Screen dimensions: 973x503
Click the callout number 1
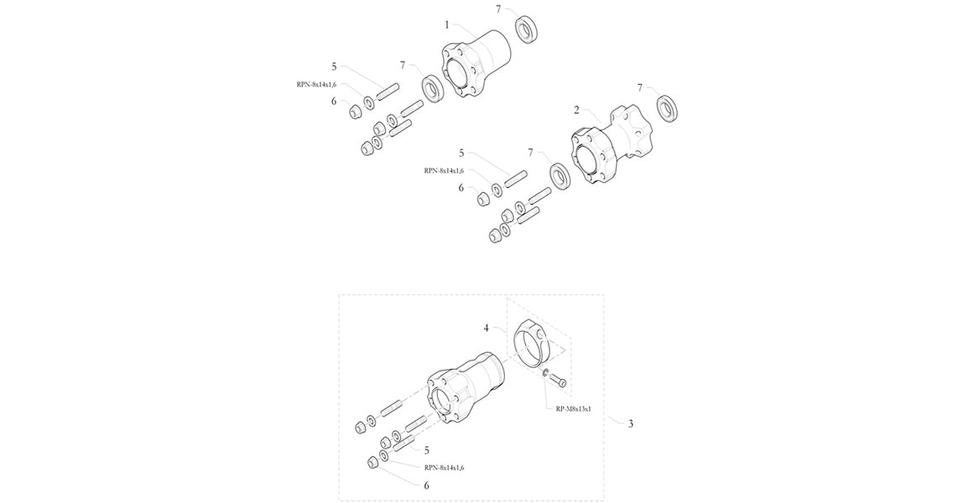447,25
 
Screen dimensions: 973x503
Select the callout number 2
576,111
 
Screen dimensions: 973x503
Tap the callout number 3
631,424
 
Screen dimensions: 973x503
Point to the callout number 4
486,328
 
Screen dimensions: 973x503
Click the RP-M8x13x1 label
569,409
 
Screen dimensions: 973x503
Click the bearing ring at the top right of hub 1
527,29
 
